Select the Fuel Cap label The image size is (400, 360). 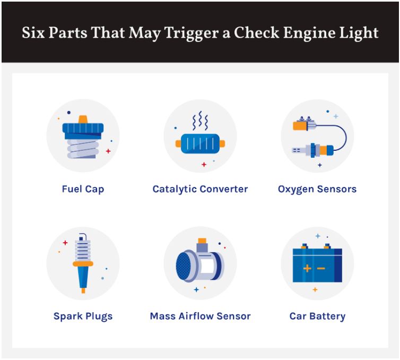(83, 190)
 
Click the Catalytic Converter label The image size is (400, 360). (200, 189)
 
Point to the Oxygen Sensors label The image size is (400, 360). (317, 190)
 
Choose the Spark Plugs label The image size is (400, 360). (83, 316)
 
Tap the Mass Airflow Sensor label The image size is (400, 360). (200, 316)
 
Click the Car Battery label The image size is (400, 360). (317, 316)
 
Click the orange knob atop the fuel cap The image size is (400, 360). (83, 119)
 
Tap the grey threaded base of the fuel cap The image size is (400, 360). (83, 149)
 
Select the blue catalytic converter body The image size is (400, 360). (200, 144)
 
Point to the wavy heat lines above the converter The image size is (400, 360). (200, 121)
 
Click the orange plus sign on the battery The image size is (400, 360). (307, 268)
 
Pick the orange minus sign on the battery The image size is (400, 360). (320, 268)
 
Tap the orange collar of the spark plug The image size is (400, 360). (83, 264)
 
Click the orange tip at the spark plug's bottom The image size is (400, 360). (83, 290)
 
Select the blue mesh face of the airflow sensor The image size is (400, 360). (184, 267)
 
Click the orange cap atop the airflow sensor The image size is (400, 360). (202, 241)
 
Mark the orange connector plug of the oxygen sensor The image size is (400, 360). (300, 126)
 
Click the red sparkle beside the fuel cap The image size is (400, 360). (108, 151)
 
